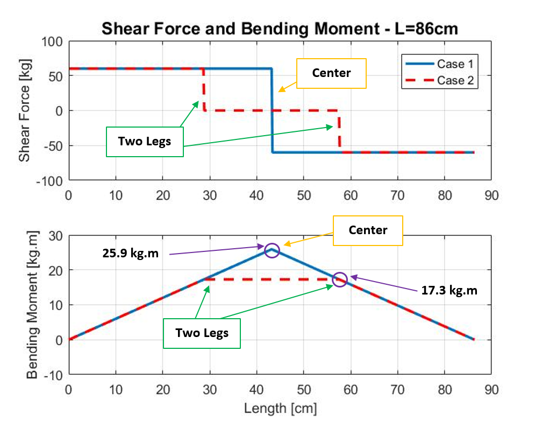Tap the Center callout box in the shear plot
[x=331, y=73]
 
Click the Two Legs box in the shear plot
[x=145, y=142]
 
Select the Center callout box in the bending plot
[x=368, y=230]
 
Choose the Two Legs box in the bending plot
[x=202, y=333]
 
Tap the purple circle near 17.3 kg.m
[x=340, y=279]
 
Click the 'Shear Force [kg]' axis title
[x=24, y=110]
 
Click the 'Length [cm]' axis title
[x=280, y=409]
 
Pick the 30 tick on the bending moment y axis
[x=56, y=235]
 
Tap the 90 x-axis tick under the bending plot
[x=491, y=389]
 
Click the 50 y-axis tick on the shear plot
[x=56, y=76]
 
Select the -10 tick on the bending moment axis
[x=54, y=374]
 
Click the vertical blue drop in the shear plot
[x=272, y=110]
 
